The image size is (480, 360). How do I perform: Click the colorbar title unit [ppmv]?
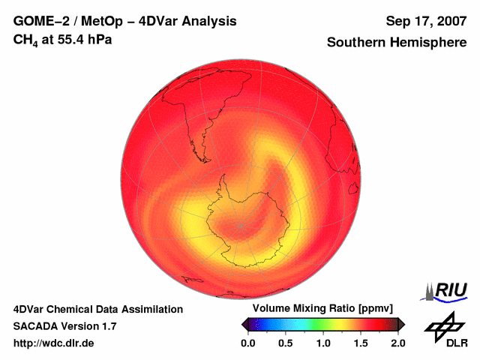[371, 309]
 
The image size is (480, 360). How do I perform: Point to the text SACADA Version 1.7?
[64, 326]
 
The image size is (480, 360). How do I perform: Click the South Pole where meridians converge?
[241, 225]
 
